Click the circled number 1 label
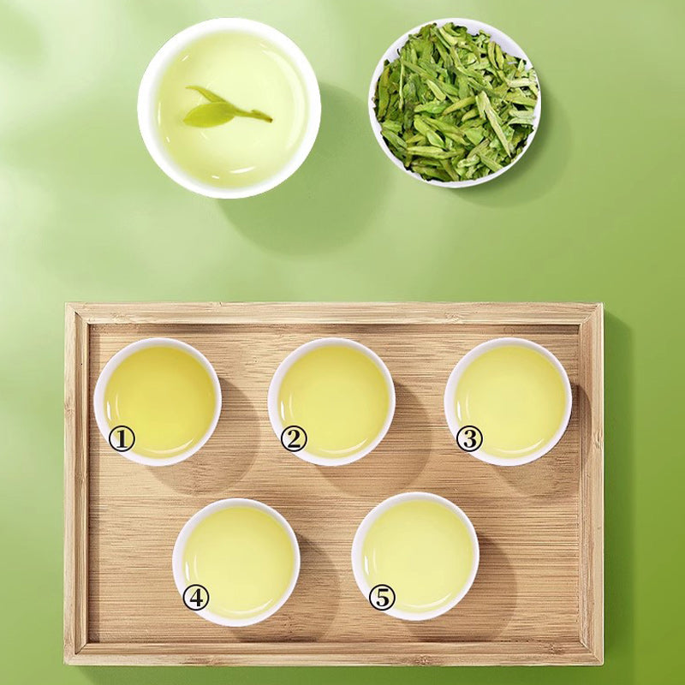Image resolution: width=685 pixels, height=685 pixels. [122, 439]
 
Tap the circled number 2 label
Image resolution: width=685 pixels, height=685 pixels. [294, 439]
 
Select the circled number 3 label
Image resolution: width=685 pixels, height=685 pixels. [469, 439]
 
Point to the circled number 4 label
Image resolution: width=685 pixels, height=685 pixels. [196, 597]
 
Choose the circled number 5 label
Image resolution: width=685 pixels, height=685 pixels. [382, 597]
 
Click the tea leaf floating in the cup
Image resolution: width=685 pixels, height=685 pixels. [219, 111]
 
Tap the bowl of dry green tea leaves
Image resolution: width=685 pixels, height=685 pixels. [455, 102]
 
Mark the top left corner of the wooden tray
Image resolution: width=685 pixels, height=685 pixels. [67, 304]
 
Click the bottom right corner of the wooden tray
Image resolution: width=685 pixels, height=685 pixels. [602, 664]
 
